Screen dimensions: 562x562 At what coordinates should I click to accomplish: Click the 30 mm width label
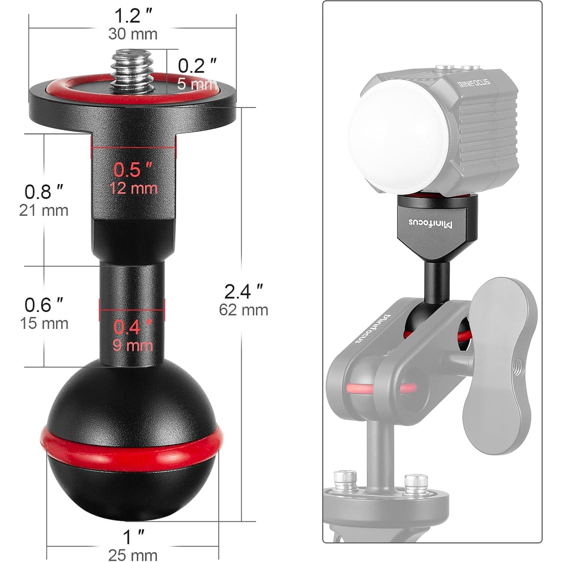pos(133,34)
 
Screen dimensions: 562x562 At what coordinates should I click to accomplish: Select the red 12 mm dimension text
pos(133,188)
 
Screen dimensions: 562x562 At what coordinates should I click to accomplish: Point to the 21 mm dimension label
pos(44,210)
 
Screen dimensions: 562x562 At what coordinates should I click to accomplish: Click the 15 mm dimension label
pos(44,323)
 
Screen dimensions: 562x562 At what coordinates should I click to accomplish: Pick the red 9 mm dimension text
pos(133,345)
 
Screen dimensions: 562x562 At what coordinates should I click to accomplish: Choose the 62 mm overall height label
pos(243,310)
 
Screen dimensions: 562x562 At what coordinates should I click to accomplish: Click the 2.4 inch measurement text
pos(243,291)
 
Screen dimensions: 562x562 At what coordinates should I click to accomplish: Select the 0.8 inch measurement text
pos(44,192)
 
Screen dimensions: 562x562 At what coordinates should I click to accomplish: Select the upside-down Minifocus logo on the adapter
pos(430,223)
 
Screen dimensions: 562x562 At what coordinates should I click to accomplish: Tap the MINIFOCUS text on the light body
pos(474,83)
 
